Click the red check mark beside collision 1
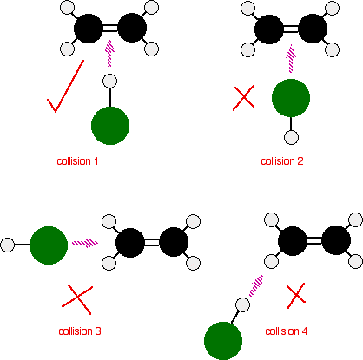[x=65, y=90]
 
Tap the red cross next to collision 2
[x=244, y=97]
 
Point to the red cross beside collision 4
[x=297, y=295]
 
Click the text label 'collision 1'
[x=79, y=161]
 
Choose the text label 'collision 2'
[x=281, y=160]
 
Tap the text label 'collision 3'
[x=80, y=331]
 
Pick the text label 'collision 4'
[x=287, y=331]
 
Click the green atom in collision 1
[x=110, y=127]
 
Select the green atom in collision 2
[x=291, y=99]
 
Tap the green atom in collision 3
[x=49, y=245]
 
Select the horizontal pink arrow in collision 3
[x=85, y=242]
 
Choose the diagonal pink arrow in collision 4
[x=257, y=284]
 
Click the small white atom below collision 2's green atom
[x=292, y=137]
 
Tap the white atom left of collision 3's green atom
[x=8, y=245]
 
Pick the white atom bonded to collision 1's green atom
[x=110, y=82]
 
